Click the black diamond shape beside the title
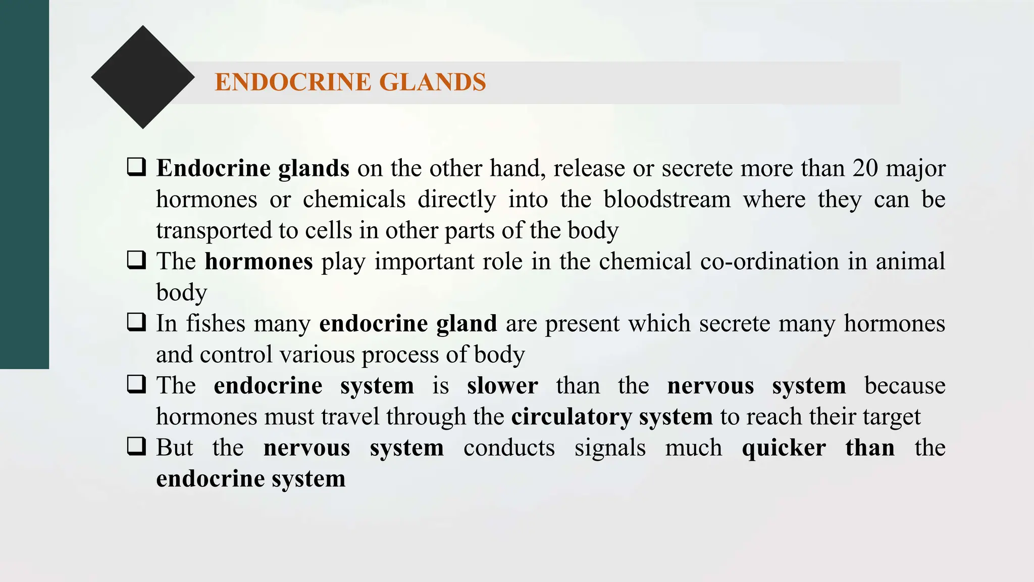[x=143, y=77]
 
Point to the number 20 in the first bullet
[x=865, y=168]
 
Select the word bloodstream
[x=667, y=200]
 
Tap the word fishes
[x=216, y=323]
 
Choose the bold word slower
[x=502, y=386]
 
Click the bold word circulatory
[x=572, y=417]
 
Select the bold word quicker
[x=784, y=448]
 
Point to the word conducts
[x=509, y=448]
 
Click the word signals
[x=610, y=448]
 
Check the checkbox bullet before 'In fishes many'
[x=136, y=322]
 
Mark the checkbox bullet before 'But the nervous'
[x=136, y=446]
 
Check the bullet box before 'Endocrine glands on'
[x=136, y=167]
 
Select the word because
[x=905, y=386]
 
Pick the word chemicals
[x=354, y=200]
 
